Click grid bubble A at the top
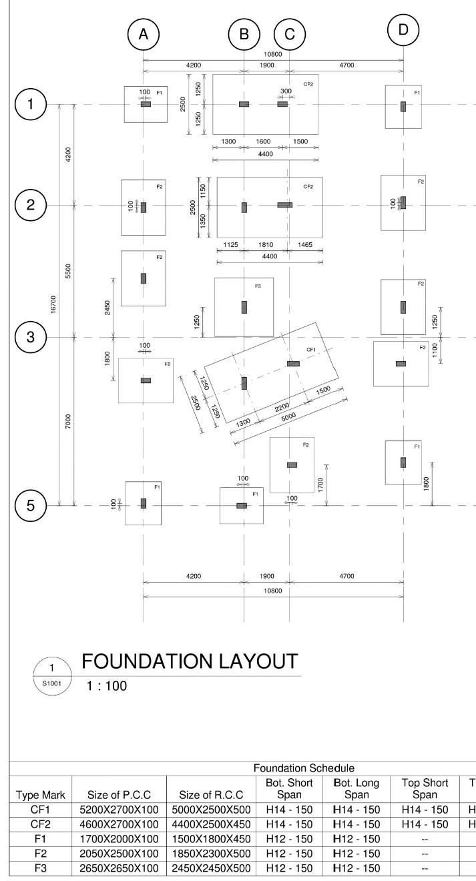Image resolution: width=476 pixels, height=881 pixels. tap(143, 35)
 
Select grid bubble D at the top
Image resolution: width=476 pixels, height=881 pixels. tap(403, 30)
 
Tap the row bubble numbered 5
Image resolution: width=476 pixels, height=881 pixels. tap(31, 505)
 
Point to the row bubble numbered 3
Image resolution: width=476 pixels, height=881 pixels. tap(31, 337)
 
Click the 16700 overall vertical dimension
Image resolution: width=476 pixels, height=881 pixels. tap(53, 304)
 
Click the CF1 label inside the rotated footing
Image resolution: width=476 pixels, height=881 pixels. tap(311, 350)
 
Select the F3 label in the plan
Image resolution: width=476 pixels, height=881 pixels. tap(258, 286)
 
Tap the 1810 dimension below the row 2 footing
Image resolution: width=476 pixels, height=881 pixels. tap(266, 245)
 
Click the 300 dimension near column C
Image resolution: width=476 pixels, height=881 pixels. tap(286, 91)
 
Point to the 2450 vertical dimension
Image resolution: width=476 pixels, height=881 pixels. tap(107, 307)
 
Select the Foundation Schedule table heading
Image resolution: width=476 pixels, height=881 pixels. tap(304, 769)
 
